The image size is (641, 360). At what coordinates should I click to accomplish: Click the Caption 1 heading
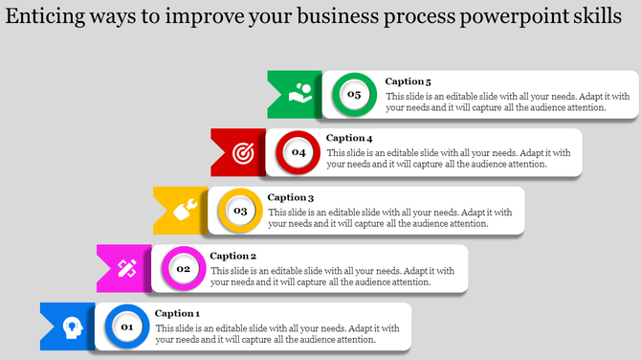tap(177, 313)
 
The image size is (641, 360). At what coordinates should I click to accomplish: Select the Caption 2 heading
tap(233, 256)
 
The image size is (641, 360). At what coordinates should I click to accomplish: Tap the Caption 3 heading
tap(291, 197)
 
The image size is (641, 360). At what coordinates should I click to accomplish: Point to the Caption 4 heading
tap(349, 138)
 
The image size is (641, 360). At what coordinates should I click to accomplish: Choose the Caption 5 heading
tap(409, 81)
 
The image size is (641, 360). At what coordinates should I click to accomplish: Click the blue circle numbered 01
tap(125, 327)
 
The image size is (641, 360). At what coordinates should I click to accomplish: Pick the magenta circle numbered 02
tap(183, 269)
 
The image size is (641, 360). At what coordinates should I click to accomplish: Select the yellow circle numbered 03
tap(240, 211)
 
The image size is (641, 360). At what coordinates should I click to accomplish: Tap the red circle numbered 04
tap(298, 152)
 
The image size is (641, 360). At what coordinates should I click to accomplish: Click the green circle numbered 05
tap(354, 94)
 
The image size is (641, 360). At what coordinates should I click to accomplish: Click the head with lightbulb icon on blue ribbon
tap(72, 326)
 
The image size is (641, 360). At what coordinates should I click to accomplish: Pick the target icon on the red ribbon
tap(244, 151)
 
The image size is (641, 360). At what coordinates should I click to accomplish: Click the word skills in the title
tap(599, 20)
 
